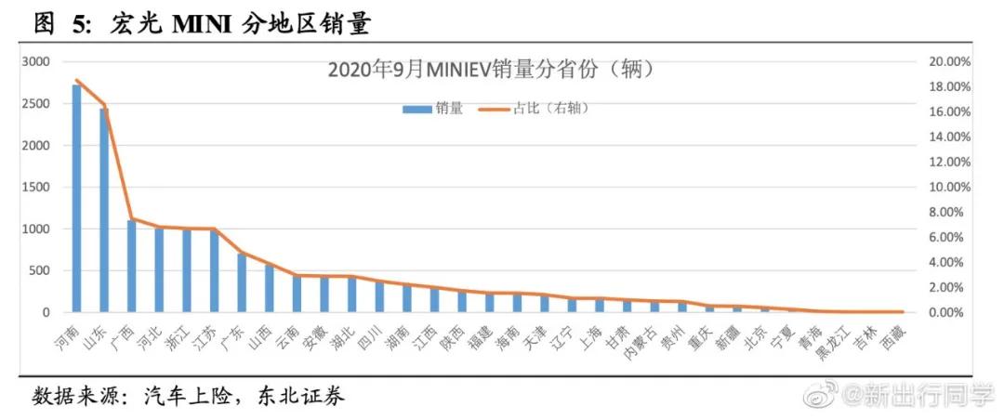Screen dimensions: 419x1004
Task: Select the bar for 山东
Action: pyautogui.click(x=104, y=211)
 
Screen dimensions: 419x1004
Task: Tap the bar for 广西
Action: pyautogui.click(x=132, y=267)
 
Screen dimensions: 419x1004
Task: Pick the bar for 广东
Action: pyautogui.click(x=242, y=282)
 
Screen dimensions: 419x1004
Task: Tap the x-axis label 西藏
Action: pyautogui.click(x=891, y=335)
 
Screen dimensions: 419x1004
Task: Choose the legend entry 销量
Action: pyautogui.click(x=432, y=109)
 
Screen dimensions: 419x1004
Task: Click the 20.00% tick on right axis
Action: pyautogui.click(x=949, y=61)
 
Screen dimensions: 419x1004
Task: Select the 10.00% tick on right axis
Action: pyautogui.click(x=949, y=187)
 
